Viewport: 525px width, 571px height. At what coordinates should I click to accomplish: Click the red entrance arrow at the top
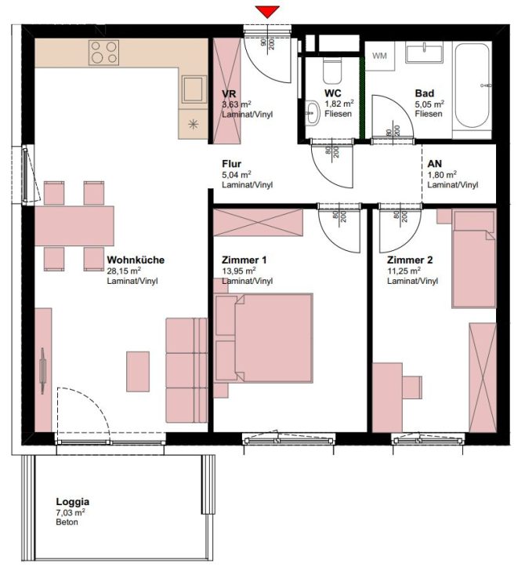[268, 11]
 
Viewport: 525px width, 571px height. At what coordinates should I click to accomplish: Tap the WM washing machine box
[381, 56]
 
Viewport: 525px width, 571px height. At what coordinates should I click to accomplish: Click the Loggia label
[72, 501]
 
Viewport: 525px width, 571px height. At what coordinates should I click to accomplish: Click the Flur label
[231, 164]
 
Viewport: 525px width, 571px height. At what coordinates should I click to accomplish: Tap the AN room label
[435, 164]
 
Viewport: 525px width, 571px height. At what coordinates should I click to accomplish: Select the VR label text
[229, 93]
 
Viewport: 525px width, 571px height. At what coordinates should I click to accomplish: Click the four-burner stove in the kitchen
[103, 53]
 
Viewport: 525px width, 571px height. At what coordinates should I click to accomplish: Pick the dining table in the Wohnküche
[74, 227]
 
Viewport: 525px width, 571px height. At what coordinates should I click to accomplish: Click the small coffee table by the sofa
[138, 372]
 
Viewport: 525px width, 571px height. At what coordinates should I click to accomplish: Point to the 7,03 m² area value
[71, 512]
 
